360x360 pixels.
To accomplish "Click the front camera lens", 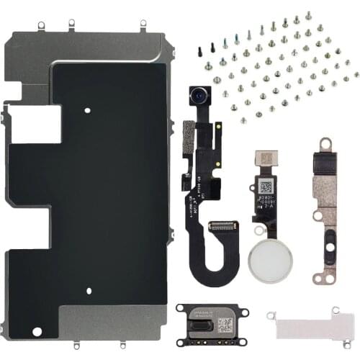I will tap(198, 94).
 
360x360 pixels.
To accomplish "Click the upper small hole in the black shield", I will tap(86, 112).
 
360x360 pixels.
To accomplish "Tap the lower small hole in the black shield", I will tap(89, 291).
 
